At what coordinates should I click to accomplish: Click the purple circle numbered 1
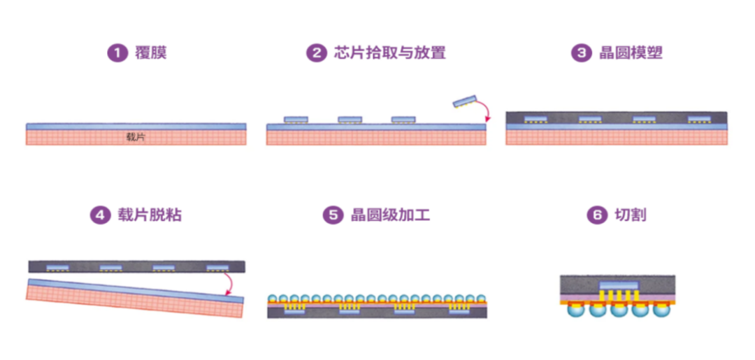(x=116, y=53)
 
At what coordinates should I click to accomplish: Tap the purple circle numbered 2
(x=317, y=53)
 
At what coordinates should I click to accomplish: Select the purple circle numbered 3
(x=581, y=53)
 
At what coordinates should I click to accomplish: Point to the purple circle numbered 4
(x=100, y=215)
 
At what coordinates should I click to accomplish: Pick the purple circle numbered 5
(x=333, y=215)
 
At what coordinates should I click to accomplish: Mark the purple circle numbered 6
(x=596, y=215)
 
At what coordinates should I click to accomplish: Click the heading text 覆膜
(x=150, y=53)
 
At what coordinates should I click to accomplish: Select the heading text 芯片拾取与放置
(x=389, y=53)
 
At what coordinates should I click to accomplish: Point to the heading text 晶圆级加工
(x=389, y=215)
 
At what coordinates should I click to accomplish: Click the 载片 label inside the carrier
(x=136, y=136)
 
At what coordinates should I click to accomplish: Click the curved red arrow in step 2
(x=484, y=111)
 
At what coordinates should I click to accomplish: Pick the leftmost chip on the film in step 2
(x=296, y=120)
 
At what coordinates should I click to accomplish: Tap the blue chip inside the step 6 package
(x=619, y=285)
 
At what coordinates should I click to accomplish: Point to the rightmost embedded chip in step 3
(x=699, y=119)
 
